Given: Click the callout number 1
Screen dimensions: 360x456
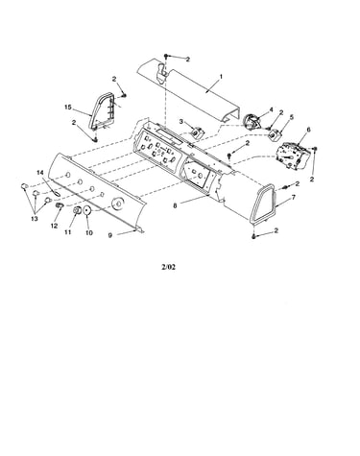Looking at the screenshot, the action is (221, 77).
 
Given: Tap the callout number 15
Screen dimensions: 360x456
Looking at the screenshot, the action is (68, 108).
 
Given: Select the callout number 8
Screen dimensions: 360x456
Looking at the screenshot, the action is (175, 206).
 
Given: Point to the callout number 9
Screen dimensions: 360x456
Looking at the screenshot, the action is (109, 235).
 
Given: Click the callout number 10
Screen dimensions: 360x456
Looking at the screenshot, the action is (89, 233).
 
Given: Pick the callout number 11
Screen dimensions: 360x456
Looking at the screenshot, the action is (68, 232).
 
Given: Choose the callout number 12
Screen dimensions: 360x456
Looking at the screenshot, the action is (54, 226).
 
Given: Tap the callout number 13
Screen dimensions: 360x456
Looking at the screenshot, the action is (35, 219).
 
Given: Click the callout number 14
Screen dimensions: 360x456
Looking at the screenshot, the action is (40, 173).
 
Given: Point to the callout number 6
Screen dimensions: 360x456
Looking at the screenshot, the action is (308, 130).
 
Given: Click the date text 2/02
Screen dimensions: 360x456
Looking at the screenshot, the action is (169, 267).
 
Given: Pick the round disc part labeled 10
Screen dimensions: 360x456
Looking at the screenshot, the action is (87, 211).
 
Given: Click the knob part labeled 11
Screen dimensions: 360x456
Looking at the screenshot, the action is (77, 211).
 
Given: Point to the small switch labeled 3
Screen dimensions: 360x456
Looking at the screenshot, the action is (197, 132).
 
